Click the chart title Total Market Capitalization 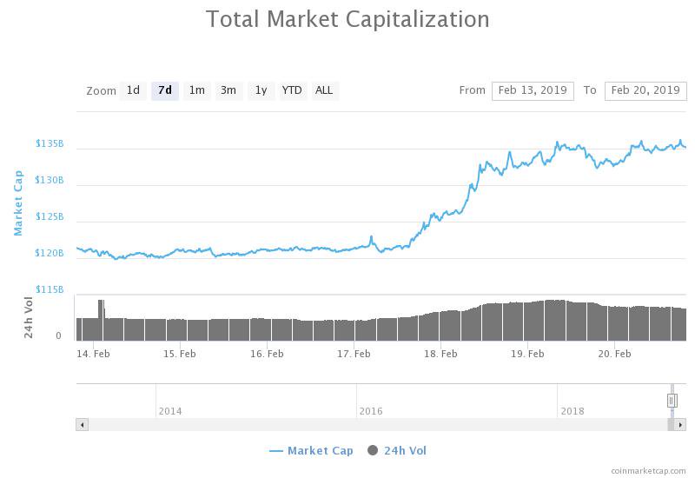click(x=347, y=19)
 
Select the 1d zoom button click(x=133, y=90)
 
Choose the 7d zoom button click(x=164, y=90)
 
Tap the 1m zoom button click(x=196, y=90)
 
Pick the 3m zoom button click(x=228, y=90)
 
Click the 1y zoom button click(x=261, y=90)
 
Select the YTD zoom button click(x=293, y=90)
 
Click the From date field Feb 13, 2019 click(x=533, y=90)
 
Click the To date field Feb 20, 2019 click(x=645, y=90)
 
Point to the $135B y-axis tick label click(x=50, y=143)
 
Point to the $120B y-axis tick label click(x=50, y=253)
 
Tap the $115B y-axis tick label click(x=50, y=289)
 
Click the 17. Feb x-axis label click(x=354, y=354)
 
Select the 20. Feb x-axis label click(x=614, y=354)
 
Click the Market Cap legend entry click(x=312, y=450)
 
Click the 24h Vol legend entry click(x=398, y=450)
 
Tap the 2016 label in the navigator click(x=371, y=411)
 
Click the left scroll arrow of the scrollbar click(x=83, y=425)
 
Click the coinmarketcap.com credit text click(x=647, y=470)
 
